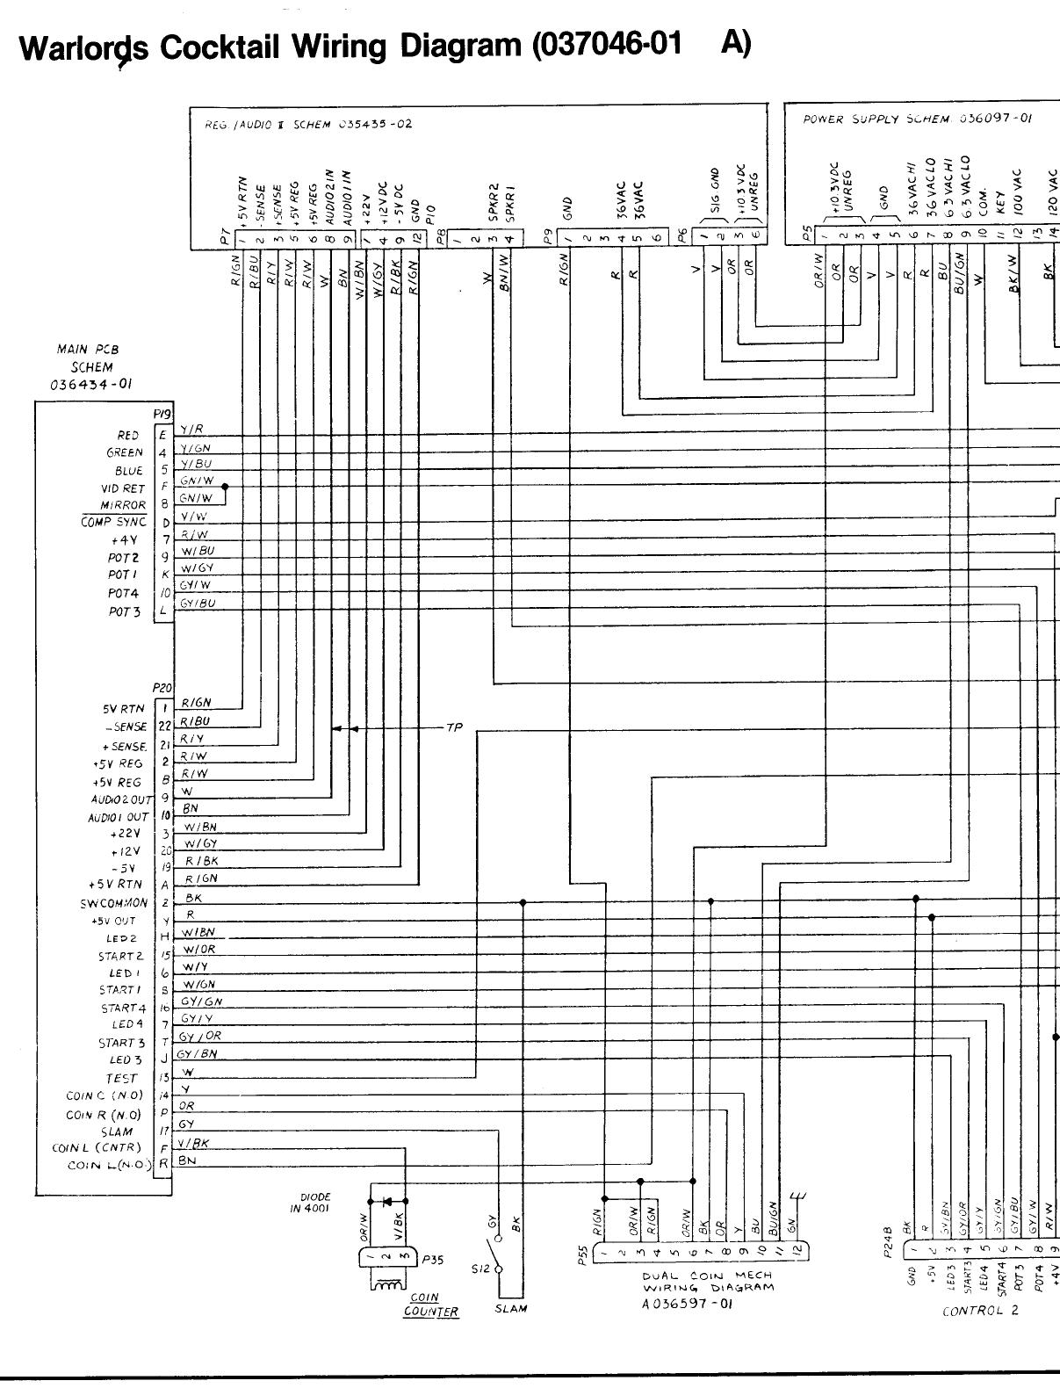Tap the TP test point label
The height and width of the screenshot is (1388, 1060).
click(x=454, y=728)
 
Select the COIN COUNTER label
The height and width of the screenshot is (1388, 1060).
click(x=431, y=1305)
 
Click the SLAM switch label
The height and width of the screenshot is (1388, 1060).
click(x=511, y=1308)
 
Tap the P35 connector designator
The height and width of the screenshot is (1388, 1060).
click(x=433, y=1259)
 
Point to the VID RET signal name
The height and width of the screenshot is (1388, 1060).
click(x=123, y=488)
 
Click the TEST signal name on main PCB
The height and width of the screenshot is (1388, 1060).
click(x=122, y=1078)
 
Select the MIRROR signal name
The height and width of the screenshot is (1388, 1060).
click(x=123, y=506)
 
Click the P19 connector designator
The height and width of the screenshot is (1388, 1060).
click(x=162, y=413)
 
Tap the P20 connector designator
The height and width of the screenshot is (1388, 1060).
click(x=162, y=689)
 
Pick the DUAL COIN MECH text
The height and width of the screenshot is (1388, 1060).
click(x=707, y=1275)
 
